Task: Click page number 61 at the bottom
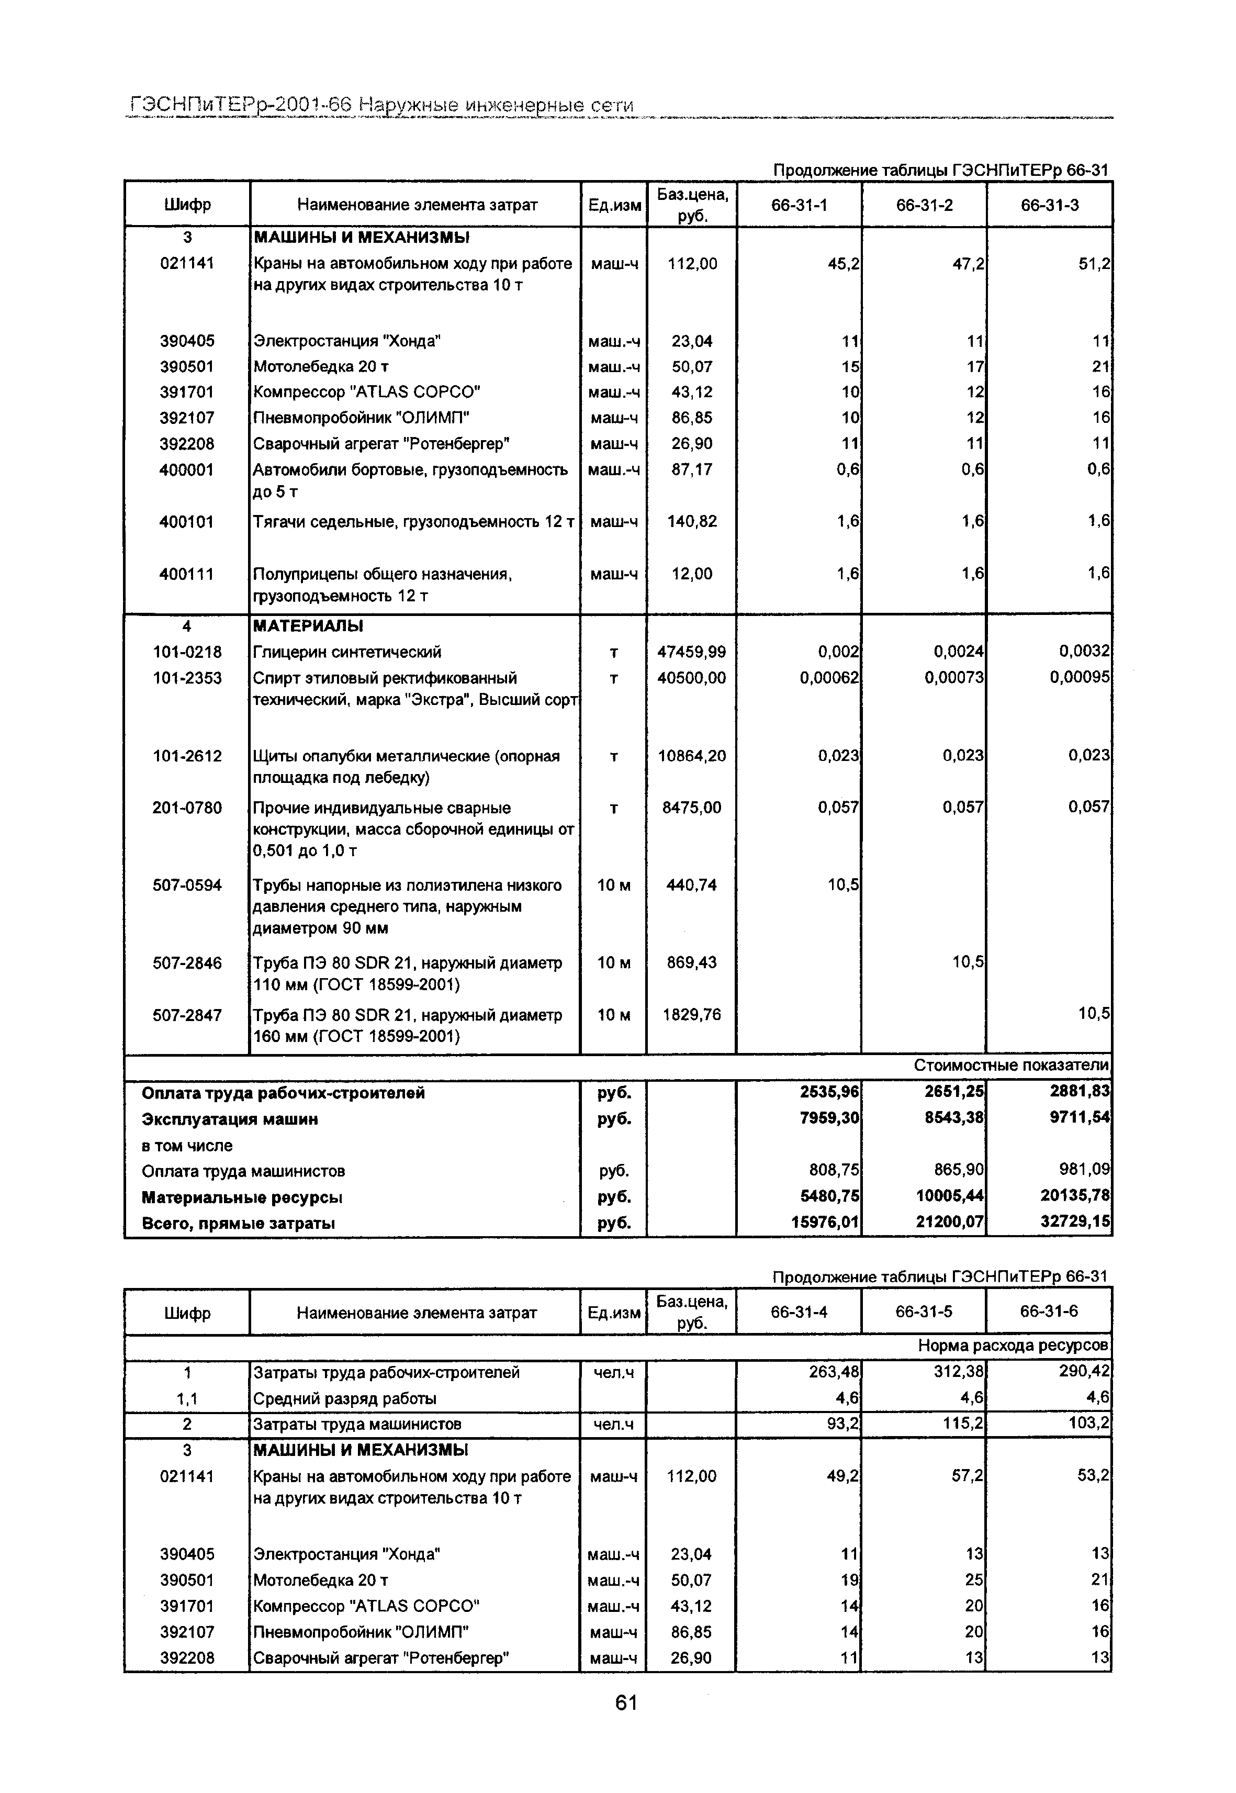tap(626, 1702)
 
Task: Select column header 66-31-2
tap(924, 205)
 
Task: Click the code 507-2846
tap(187, 963)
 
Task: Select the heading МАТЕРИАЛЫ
tap(308, 626)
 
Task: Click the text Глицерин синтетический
tap(347, 652)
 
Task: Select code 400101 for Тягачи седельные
tap(187, 522)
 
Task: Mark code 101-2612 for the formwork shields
tap(187, 756)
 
